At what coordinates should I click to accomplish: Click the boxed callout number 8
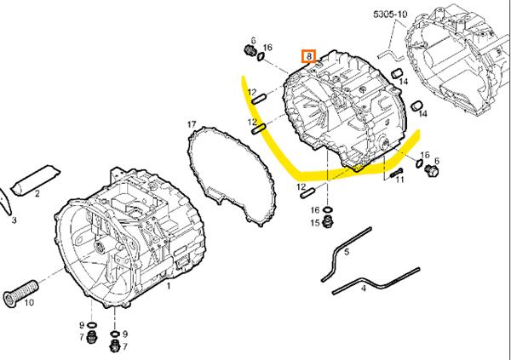point(308,56)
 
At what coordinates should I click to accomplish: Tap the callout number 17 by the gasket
point(192,124)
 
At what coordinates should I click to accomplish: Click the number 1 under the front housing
point(168,287)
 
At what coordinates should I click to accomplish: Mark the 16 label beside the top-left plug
point(267,48)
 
